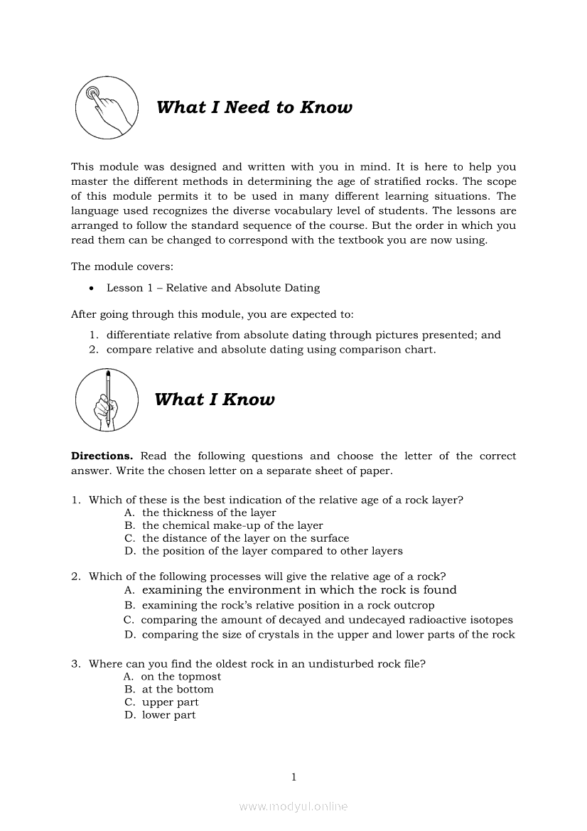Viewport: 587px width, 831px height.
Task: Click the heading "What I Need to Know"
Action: pos(254,107)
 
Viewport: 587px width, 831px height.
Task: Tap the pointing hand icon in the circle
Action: pos(106,108)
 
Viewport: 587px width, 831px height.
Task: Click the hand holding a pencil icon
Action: pos(106,400)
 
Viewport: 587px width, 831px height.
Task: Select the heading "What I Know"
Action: pos(214,400)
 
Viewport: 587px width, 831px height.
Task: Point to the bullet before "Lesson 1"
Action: pos(92,289)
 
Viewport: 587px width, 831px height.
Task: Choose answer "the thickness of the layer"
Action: pos(209,513)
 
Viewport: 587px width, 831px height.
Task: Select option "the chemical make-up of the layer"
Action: pos(232,525)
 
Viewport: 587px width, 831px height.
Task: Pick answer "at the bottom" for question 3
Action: pos(178,690)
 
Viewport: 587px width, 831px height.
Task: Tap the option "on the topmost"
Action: pos(181,677)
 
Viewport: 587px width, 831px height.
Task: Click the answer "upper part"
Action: pos(171,702)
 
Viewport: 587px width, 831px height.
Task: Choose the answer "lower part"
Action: pos(169,715)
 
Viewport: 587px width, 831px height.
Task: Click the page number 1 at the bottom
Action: pos(293,777)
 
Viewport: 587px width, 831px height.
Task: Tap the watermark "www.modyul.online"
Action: pos(293,807)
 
